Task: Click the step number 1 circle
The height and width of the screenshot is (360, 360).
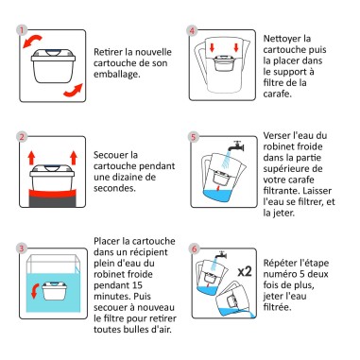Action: click(x=20, y=28)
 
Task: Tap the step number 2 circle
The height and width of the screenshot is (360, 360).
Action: click(x=20, y=137)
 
